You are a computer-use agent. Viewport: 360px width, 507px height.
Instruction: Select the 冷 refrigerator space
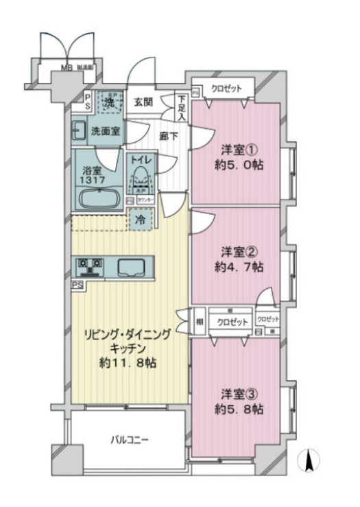tap(140, 221)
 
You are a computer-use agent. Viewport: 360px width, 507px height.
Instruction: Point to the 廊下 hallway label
tap(169, 136)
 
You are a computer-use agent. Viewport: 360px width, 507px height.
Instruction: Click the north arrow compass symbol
tap(309, 459)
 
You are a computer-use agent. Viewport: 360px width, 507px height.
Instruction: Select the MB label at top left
tap(67, 68)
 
